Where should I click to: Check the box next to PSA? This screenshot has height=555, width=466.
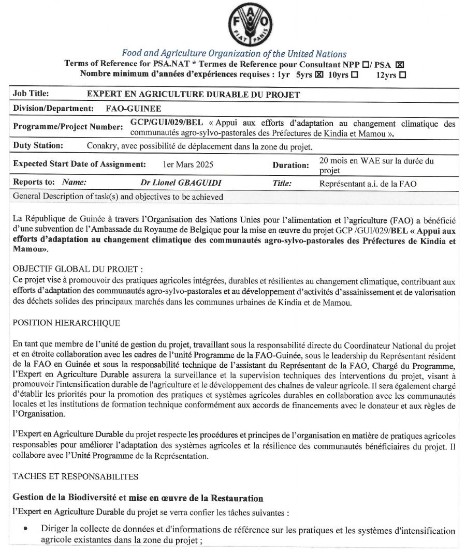point(399,65)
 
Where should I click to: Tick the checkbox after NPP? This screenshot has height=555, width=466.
point(366,65)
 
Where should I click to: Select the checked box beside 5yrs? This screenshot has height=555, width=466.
point(319,74)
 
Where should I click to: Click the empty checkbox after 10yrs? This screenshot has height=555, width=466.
point(354,74)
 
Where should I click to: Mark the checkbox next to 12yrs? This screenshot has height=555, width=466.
point(402,74)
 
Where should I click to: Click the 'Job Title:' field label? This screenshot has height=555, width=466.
point(31,94)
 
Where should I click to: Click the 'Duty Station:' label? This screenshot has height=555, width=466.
point(38,146)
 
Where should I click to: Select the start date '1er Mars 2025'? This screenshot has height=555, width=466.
point(188,164)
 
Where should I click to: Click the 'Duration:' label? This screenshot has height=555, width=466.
point(291,165)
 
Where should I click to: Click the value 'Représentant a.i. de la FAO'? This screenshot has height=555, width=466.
point(368,183)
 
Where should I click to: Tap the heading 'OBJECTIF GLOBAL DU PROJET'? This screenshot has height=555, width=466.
point(78,269)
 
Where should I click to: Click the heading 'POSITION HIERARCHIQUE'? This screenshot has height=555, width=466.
point(66,323)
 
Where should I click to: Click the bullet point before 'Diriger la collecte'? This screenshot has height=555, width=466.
point(25,530)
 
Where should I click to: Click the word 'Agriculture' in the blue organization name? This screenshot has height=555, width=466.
point(180,54)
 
